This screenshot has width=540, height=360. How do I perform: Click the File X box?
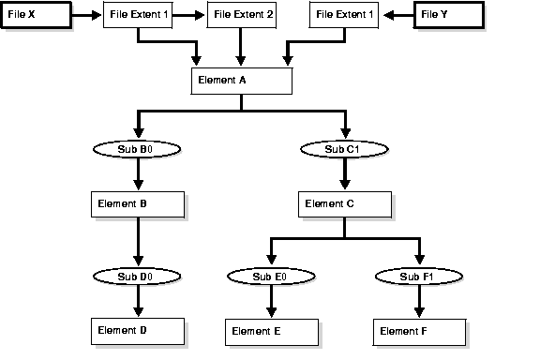point(35,15)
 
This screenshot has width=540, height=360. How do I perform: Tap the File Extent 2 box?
point(241,15)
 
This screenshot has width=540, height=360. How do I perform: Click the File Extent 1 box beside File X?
point(138,15)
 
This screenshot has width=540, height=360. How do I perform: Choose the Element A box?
point(242,81)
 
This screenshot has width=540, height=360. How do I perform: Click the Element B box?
point(138,203)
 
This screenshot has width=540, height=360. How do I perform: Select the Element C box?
point(345,203)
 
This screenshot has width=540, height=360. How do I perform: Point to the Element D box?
point(138,330)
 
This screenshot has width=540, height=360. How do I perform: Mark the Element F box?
point(419,331)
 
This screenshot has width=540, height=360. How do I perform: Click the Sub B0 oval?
point(138,148)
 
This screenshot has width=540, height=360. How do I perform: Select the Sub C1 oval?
point(345,148)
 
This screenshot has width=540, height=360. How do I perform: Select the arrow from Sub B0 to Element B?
point(138,173)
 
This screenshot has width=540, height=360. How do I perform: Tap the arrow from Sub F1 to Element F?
point(419,301)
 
